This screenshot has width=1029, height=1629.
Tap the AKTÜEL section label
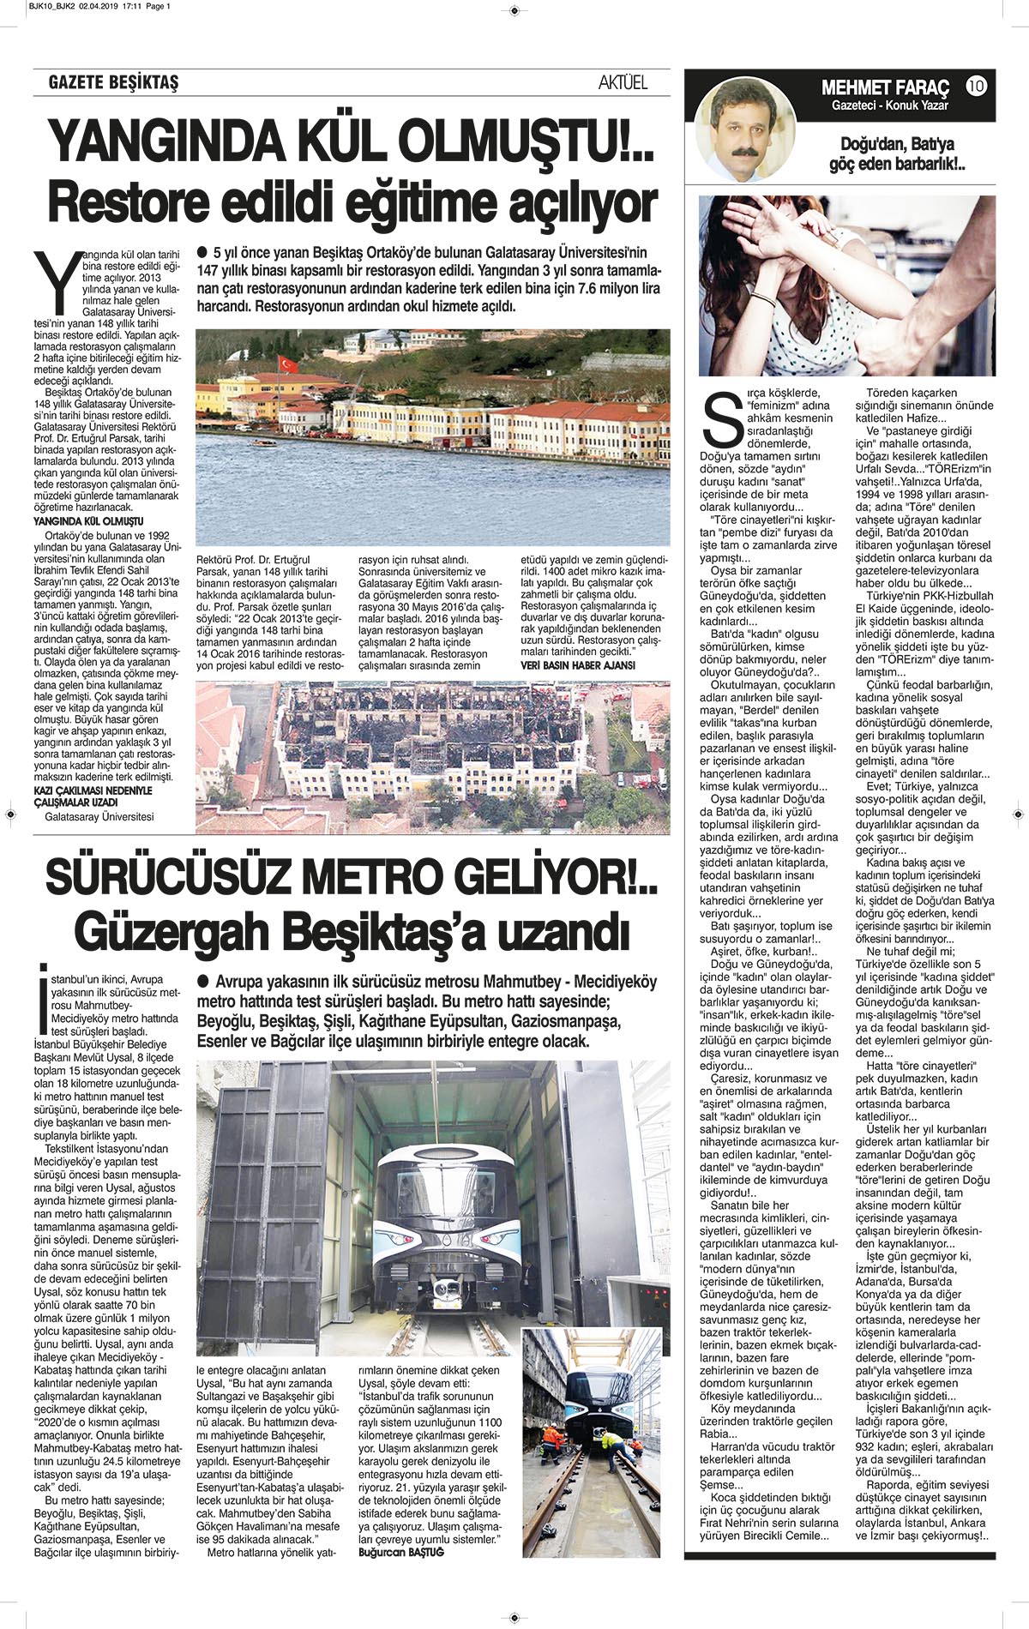point(623,83)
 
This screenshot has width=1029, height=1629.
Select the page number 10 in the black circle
point(976,86)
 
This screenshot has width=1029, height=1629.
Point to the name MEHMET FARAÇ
point(886,87)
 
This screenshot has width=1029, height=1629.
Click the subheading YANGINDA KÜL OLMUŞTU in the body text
point(87,521)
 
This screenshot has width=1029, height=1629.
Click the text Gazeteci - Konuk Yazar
point(886,105)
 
